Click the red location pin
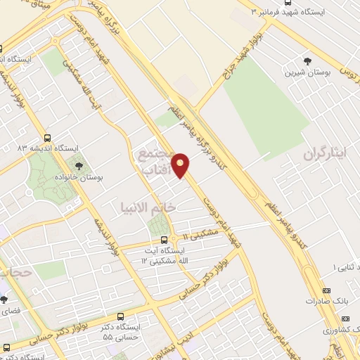pyautogui.click(x=181, y=165)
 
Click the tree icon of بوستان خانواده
pyautogui.click(x=78, y=167)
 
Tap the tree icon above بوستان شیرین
pyautogui.click(x=307, y=61)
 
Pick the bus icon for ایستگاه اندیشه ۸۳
pyautogui.click(x=47, y=138)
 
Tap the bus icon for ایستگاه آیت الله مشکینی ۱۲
pyautogui.click(x=164, y=239)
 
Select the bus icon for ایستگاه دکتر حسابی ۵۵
pyautogui.click(x=120, y=317)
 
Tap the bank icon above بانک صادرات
pyautogui.click(x=326, y=290)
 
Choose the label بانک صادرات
pyautogui.click(x=323, y=301)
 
